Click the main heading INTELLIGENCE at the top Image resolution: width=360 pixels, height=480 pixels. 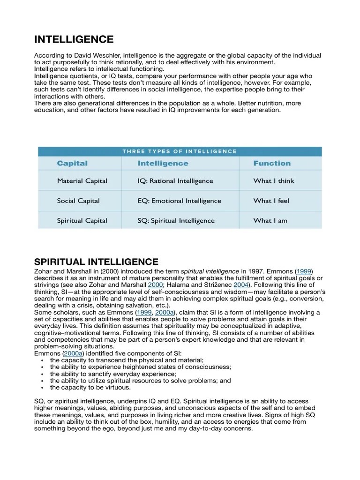(x=74, y=39)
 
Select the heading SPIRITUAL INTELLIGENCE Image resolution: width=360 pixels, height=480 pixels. (x=96, y=262)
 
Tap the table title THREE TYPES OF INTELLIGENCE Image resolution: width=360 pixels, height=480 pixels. (x=180, y=151)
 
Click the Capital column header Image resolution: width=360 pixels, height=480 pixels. (x=72, y=163)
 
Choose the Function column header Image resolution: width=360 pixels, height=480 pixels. (x=272, y=163)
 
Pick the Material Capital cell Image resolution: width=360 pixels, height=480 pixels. (x=82, y=181)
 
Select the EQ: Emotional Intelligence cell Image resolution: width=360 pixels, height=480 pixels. (x=179, y=201)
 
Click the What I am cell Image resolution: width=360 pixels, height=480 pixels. (x=270, y=221)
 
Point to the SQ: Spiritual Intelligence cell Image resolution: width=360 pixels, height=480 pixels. (x=176, y=221)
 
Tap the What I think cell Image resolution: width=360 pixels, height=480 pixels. (x=274, y=181)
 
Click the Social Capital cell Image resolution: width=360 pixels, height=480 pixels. (x=78, y=201)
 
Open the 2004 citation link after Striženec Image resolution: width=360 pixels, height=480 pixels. (x=240, y=285)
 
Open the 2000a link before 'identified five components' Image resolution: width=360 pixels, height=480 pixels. (x=73, y=353)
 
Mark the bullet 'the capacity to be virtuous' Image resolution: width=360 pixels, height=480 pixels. (x=90, y=388)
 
